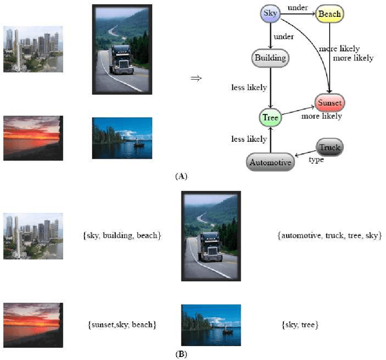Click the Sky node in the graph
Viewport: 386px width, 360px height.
(x=270, y=13)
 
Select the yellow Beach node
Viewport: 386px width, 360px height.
(x=329, y=14)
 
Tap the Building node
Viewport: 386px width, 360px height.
(x=270, y=58)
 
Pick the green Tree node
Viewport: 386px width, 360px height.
(x=270, y=118)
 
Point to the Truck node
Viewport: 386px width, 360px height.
(x=329, y=147)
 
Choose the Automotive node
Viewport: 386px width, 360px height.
(x=270, y=162)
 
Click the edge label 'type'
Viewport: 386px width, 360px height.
(x=317, y=160)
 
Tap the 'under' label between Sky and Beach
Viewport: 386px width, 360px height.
(x=298, y=7)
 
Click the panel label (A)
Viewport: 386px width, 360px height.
(x=182, y=177)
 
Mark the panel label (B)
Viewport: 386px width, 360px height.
(x=182, y=354)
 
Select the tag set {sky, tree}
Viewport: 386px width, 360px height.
(x=300, y=325)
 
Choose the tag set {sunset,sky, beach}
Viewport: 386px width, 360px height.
(x=122, y=325)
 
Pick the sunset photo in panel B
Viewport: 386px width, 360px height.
(x=33, y=324)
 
